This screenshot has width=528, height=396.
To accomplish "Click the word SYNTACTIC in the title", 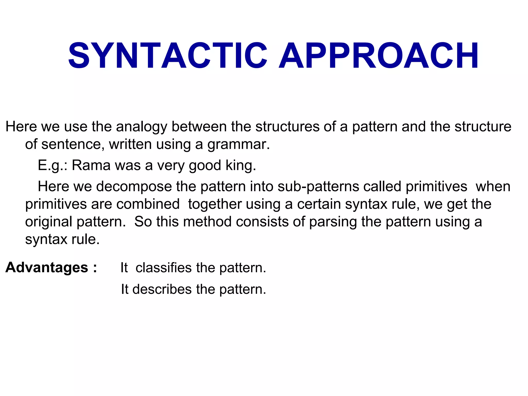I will [x=168, y=56].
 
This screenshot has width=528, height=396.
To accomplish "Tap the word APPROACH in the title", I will [x=378, y=56].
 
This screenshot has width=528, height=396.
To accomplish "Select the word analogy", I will [x=142, y=127].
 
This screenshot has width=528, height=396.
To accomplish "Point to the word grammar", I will [x=238, y=144].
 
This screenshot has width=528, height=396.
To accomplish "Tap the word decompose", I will [x=134, y=187].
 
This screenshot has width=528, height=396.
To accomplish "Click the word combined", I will [x=148, y=204].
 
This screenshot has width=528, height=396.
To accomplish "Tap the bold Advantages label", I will [x=47, y=268].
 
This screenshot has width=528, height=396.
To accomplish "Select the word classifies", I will [x=163, y=268].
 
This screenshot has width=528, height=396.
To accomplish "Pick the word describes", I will [x=162, y=289].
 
